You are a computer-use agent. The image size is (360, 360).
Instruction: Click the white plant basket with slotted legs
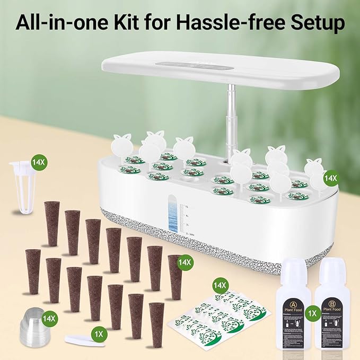[x=23, y=186]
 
